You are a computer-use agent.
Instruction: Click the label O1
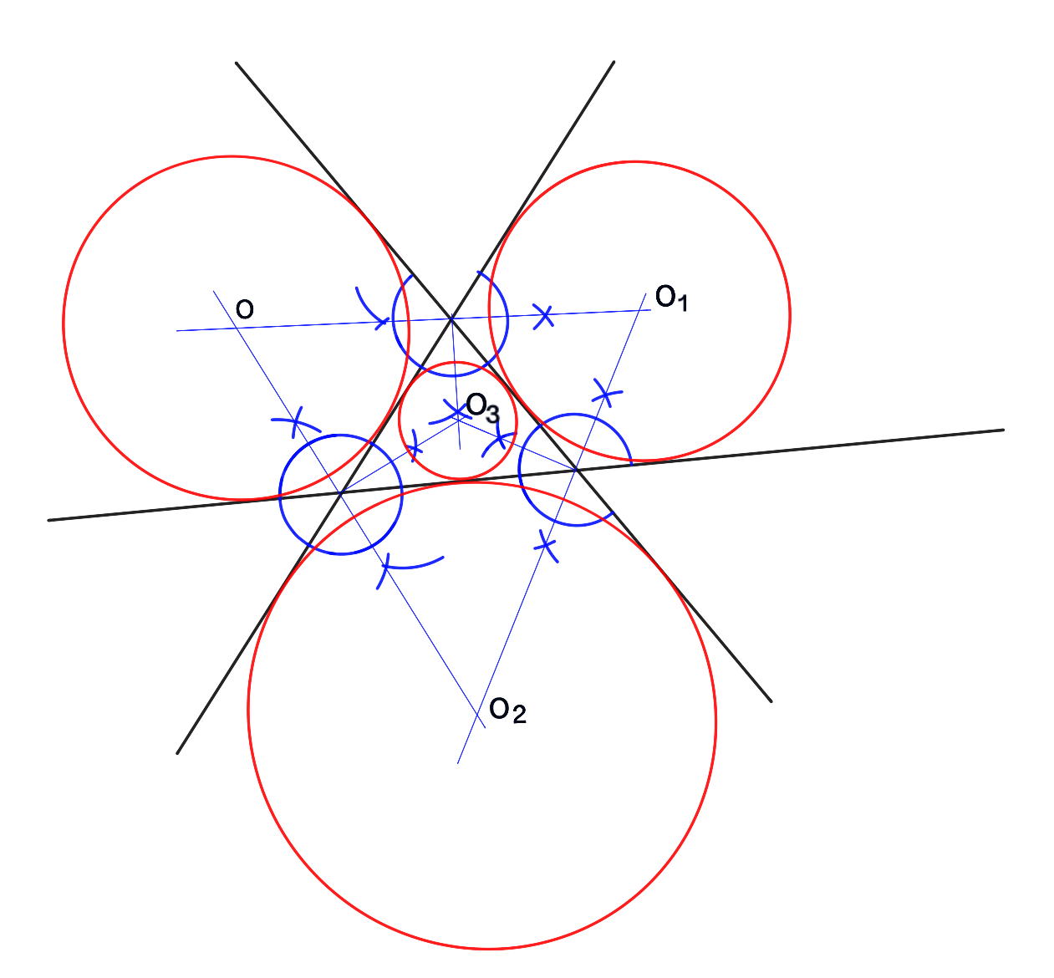[671, 298]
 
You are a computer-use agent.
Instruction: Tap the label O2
[507, 711]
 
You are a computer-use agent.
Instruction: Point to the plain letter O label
[244, 309]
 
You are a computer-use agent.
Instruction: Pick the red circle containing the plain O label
[64, 326]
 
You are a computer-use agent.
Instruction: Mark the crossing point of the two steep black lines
[451, 318]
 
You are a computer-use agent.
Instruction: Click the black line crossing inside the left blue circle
[341, 493]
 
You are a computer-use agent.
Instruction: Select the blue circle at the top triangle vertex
[507, 320]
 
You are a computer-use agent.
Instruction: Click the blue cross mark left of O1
[544, 316]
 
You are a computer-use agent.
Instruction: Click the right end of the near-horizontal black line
[1002, 430]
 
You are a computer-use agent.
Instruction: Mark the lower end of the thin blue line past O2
[458, 762]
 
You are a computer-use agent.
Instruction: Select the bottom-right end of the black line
[770, 700]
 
